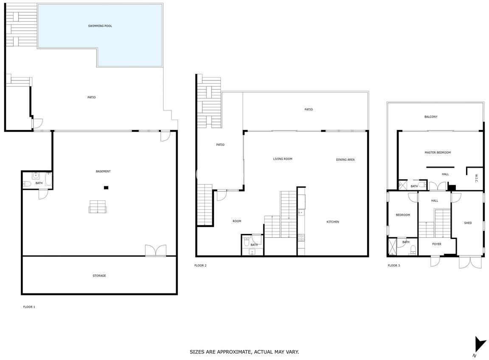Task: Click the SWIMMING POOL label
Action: pyautogui.click(x=100, y=26)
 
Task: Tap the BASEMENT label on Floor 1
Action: pyautogui.click(x=103, y=171)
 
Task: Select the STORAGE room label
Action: pyautogui.click(x=99, y=276)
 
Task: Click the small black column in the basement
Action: pyautogui.click(x=106, y=188)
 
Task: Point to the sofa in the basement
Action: pyautogui.click(x=98, y=207)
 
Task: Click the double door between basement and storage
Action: pyautogui.click(x=156, y=250)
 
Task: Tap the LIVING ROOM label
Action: pyautogui.click(x=283, y=159)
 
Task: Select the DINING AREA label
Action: pyautogui.click(x=345, y=160)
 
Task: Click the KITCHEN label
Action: pyautogui.click(x=333, y=222)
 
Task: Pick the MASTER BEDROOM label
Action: pyautogui.click(x=438, y=152)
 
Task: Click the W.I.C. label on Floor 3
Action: pyautogui.click(x=476, y=178)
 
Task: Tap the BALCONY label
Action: pyautogui.click(x=431, y=117)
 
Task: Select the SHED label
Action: pyautogui.click(x=468, y=223)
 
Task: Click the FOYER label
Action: pyautogui.click(x=437, y=244)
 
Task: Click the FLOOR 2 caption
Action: pyautogui.click(x=200, y=265)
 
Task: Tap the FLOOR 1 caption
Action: pyautogui.click(x=29, y=307)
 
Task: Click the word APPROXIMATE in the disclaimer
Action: pyautogui.click(x=233, y=352)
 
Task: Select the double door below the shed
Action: pyautogui.click(x=470, y=262)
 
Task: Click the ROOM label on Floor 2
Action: pyautogui.click(x=237, y=221)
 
